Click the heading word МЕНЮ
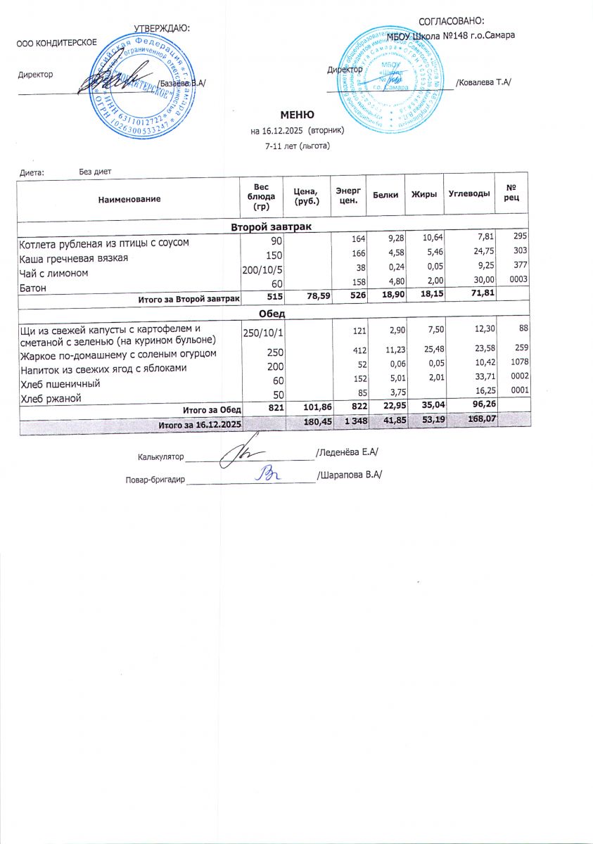(297, 115)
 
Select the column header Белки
(385, 194)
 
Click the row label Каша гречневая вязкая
(74, 258)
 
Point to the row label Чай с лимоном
(54, 273)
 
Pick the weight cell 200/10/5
(262, 270)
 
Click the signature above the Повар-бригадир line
(269, 473)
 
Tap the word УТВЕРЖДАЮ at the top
(162, 28)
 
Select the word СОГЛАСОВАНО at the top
(452, 23)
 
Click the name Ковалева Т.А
(483, 83)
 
